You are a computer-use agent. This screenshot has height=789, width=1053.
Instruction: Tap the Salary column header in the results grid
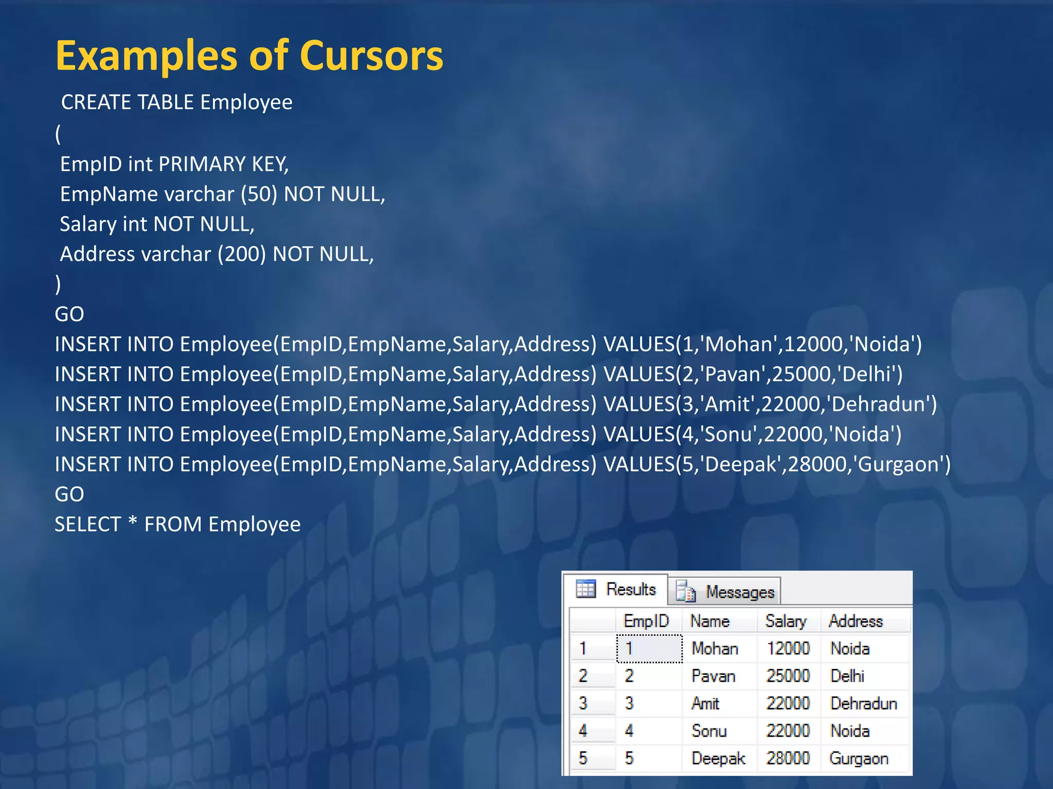pos(785,621)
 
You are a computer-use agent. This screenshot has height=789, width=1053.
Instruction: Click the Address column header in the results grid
pos(855,621)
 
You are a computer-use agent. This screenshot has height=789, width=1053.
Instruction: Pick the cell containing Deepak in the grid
pos(718,758)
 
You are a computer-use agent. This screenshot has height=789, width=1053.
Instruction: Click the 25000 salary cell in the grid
pos(788,675)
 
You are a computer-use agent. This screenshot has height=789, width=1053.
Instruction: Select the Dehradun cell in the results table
pos(863,703)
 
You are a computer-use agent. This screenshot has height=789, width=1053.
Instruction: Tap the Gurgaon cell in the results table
pos(858,758)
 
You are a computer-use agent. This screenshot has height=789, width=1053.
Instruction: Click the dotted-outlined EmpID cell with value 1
pos(649,648)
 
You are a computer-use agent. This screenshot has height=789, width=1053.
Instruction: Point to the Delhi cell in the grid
pos(847,675)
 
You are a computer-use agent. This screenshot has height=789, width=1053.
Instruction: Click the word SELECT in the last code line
pos(87,524)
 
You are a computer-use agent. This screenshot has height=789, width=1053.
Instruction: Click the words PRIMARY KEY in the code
pos(223,164)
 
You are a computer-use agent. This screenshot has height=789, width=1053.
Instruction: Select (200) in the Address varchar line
pos(242,254)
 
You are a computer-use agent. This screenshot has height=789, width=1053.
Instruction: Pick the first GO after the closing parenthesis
pos(69,314)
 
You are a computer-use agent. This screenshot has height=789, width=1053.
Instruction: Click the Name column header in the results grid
pos(710,621)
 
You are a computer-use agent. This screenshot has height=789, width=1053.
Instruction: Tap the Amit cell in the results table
pos(705,703)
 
